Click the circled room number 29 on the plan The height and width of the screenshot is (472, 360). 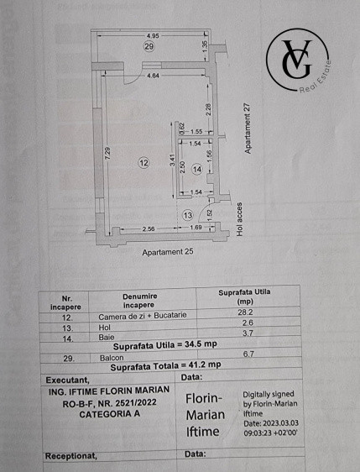point(149,47)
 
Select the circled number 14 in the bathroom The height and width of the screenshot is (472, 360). point(197,170)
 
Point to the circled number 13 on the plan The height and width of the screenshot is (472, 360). point(188,216)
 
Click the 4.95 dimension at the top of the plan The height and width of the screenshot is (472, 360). point(152,35)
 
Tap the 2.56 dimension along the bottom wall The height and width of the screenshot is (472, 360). point(149,228)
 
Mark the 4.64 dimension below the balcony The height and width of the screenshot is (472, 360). point(153,76)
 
